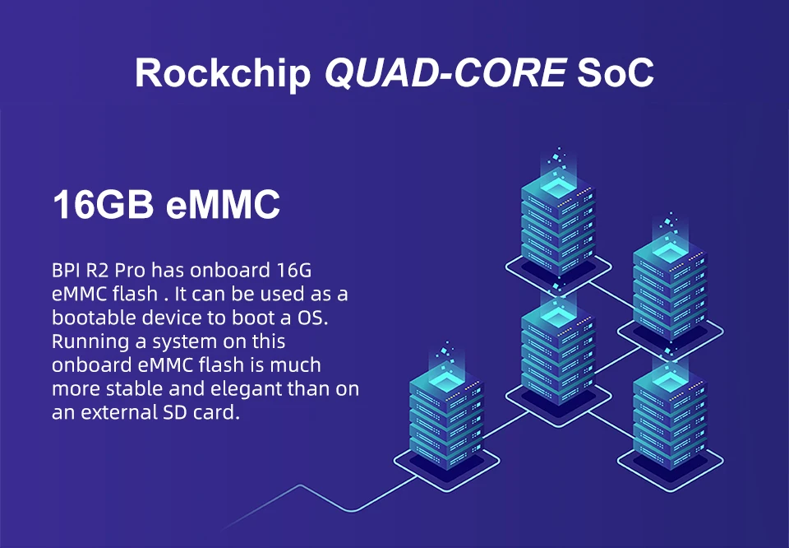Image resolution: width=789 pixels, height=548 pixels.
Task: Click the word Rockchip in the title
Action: [x=223, y=72]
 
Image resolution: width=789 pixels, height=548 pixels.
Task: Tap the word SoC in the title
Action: [x=616, y=72]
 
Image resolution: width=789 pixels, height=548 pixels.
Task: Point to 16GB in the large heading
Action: [x=103, y=205]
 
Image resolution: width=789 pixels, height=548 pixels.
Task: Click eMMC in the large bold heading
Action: [x=223, y=205]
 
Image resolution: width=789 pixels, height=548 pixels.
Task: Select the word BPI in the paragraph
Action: [x=67, y=271]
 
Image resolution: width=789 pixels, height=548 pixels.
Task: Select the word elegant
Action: [x=243, y=388]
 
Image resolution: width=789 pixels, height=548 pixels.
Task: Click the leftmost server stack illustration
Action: [x=446, y=416]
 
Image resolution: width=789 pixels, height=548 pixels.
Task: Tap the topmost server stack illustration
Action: [x=558, y=218]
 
